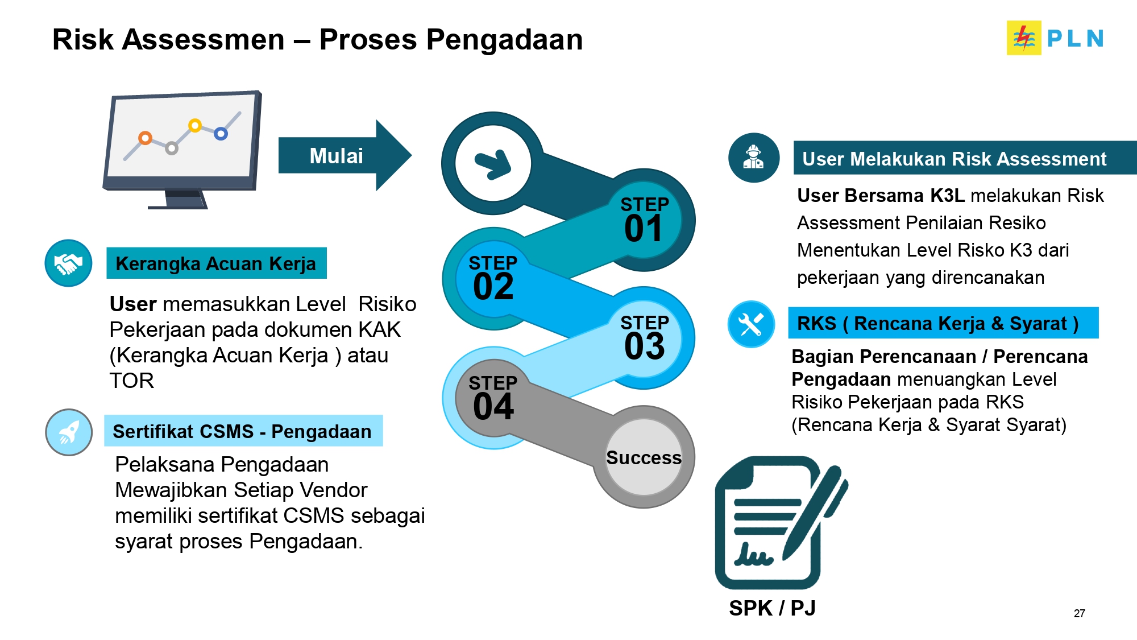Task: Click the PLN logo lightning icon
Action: tap(1023, 38)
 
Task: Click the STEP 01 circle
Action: tap(644, 220)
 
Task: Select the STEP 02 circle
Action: tap(493, 279)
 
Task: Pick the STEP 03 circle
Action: tap(644, 338)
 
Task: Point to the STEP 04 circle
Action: tap(493, 398)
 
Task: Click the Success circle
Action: tap(644, 457)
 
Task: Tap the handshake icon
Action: tap(68, 263)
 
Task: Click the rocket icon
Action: tap(69, 432)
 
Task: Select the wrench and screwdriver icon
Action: tap(751, 324)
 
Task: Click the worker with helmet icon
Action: tap(753, 158)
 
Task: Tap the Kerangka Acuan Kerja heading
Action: tap(216, 263)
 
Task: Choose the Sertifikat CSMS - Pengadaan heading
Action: tap(243, 431)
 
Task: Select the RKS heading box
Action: tap(943, 323)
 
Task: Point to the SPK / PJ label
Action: tap(772, 608)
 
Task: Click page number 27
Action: tap(1079, 613)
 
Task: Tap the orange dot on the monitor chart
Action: tap(146, 138)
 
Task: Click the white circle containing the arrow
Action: tap(493, 163)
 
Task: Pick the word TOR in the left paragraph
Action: tap(131, 381)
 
